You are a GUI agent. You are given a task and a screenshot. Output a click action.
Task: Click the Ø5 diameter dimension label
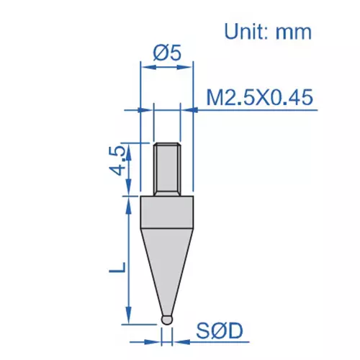pyautogui.click(x=167, y=53)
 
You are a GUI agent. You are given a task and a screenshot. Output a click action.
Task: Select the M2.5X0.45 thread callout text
pyautogui.click(x=259, y=97)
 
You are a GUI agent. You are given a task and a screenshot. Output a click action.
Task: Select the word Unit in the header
pyautogui.click(x=249, y=31)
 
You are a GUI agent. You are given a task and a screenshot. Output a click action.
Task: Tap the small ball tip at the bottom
pyautogui.click(x=167, y=317)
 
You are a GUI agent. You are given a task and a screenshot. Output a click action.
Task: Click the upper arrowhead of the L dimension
pyautogui.click(x=130, y=202)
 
